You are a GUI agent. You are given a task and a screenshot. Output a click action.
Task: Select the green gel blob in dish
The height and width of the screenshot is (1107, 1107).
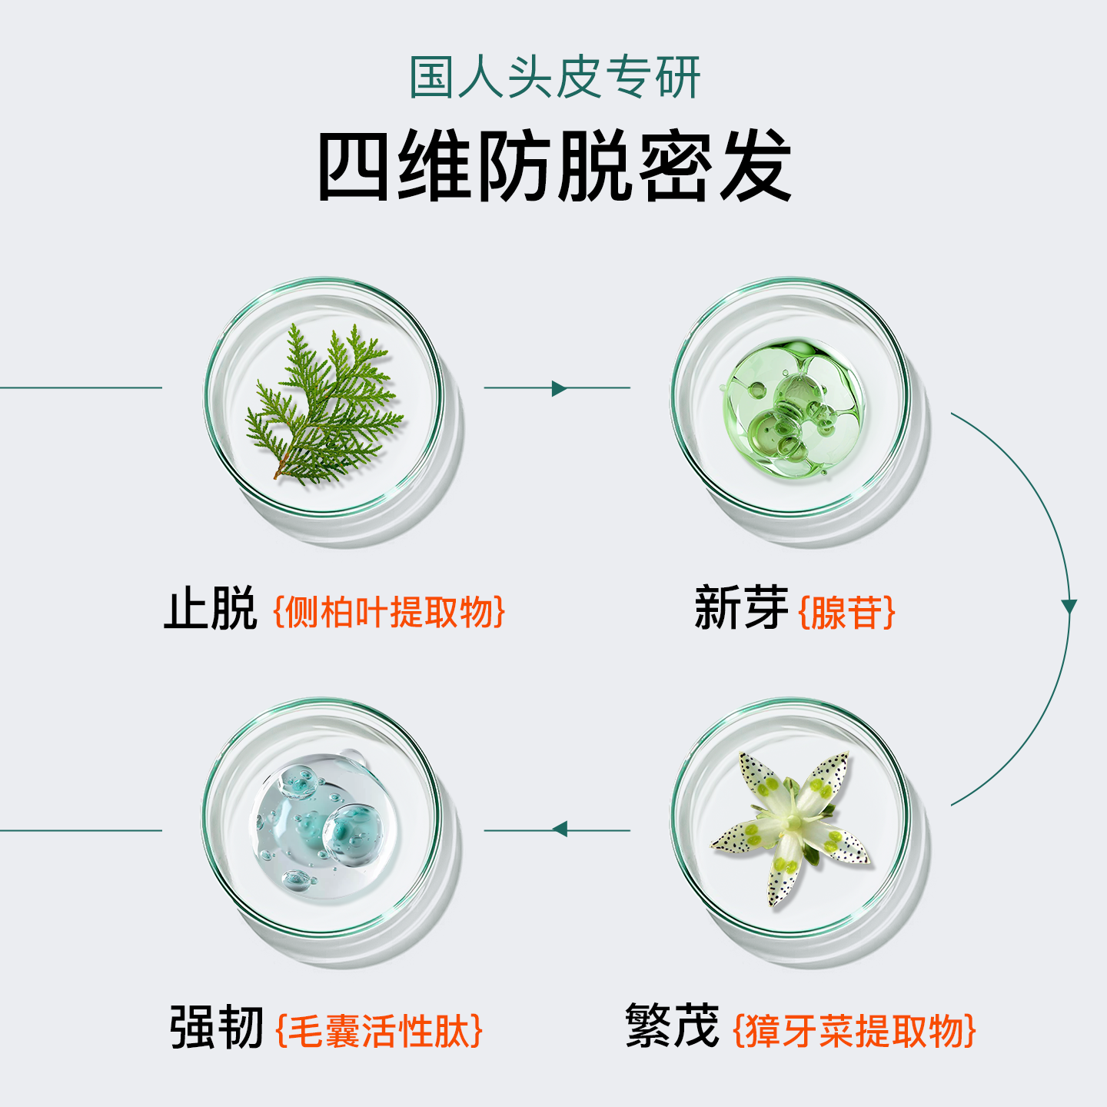[792, 407]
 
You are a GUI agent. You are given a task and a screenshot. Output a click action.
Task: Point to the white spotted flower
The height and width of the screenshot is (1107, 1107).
[792, 826]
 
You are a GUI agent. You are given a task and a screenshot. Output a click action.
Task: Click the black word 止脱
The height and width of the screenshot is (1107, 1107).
[210, 610]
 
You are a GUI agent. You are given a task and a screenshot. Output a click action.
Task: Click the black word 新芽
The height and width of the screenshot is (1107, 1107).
[740, 608]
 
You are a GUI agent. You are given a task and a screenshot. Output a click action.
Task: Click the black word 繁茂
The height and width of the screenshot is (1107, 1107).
[672, 1026]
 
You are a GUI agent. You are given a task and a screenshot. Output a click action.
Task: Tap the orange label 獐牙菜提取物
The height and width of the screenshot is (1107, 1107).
[854, 1031]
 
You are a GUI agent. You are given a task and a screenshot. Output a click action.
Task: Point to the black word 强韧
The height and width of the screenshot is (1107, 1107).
[217, 1028]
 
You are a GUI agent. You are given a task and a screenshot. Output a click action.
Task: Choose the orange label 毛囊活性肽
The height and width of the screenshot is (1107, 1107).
[379, 1031]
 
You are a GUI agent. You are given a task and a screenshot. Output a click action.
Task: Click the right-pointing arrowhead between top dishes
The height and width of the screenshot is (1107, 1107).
[559, 388]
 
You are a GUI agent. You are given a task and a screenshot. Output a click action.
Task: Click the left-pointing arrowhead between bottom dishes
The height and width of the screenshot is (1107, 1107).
[560, 829]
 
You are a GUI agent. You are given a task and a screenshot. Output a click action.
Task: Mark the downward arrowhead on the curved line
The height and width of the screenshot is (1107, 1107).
[1069, 607]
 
